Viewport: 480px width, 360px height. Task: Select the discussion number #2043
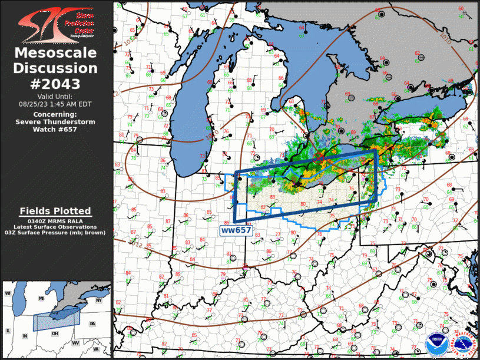pos(55,84)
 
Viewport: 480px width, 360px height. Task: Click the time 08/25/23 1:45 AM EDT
pos(55,104)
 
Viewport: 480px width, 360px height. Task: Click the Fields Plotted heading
pos(55,211)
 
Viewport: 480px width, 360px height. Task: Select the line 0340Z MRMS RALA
pos(55,220)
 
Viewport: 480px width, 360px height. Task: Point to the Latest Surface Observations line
pos(55,227)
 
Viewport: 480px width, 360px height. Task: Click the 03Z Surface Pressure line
pos(55,233)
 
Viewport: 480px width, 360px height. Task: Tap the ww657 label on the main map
pos(236,230)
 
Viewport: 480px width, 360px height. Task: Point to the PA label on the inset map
pos(92,324)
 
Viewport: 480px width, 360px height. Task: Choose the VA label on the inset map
pos(95,349)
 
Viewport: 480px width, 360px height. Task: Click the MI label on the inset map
pos(41,299)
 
